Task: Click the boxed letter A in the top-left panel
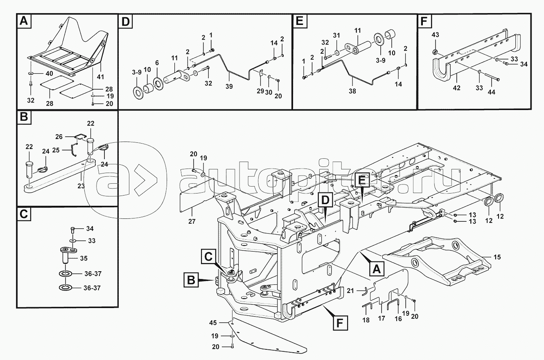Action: [24, 21]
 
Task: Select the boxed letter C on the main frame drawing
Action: [208, 257]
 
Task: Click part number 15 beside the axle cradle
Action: [497, 257]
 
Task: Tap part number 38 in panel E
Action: [352, 91]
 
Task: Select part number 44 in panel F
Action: [491, 92]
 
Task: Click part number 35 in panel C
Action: [84, 258]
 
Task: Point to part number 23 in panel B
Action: [81, 185]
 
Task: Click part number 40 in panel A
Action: [49, 74]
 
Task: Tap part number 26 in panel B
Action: [59, 137]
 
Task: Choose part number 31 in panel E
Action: [336, 35]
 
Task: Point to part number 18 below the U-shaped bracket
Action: [366, 320]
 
